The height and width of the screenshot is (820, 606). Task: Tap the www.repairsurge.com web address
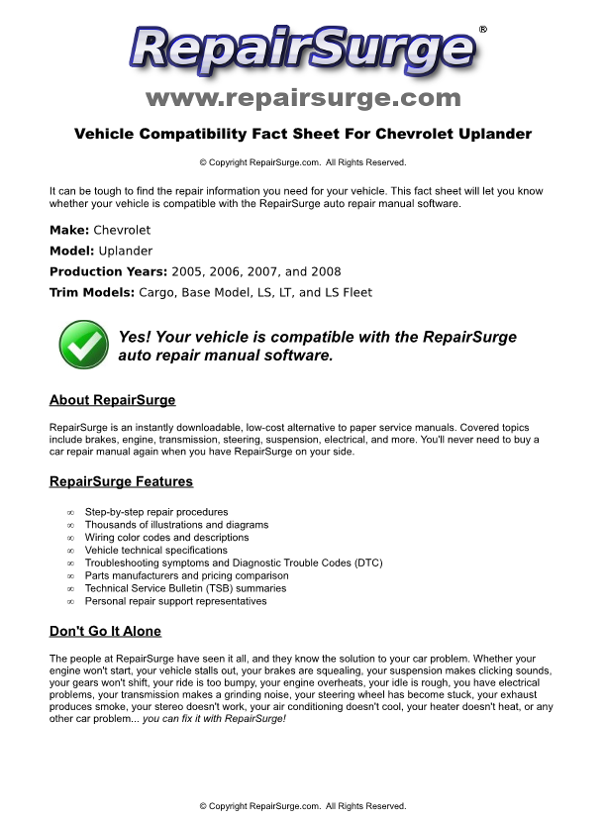click(x=303, y=98)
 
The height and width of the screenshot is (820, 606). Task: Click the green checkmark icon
click(x=84, y=344)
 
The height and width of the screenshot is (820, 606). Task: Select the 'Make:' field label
click(x=69, y=230)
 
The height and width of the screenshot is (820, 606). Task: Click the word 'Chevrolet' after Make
click(x=122, y=230)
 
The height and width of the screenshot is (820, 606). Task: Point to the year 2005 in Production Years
click(x=187, y=271)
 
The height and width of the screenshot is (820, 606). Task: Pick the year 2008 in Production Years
click(x=325, y=271)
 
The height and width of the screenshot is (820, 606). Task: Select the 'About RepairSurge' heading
click(x=112, y=400)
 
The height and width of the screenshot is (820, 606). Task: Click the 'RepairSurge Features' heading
click(x=121, y=481)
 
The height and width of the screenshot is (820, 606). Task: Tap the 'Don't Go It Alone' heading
click(x=105, y=631)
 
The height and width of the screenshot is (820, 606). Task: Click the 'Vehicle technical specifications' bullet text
click(x=155, y=550)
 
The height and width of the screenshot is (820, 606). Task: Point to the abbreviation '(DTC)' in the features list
click(x=364, y=563)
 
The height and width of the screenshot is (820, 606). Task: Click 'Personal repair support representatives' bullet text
click(x=175, y=601)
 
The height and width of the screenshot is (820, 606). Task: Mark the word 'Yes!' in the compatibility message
click(x=137, y=337)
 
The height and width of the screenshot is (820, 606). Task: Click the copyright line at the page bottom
click(x=303, y=806)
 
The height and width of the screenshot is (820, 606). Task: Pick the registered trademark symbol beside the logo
click(x=482, y=30)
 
